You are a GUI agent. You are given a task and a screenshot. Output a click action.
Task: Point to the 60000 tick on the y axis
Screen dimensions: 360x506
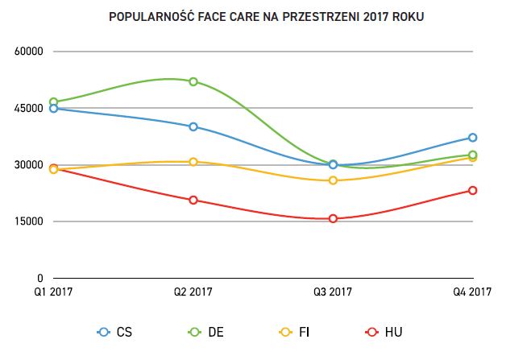tap(28, 52)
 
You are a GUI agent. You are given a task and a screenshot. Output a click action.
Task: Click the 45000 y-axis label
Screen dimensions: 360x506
tap(28, 108)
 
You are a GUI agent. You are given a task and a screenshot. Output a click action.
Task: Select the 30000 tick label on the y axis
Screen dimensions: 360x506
tap(28, 165)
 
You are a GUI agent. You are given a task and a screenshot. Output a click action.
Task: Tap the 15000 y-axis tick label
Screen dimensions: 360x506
tap(28, 221)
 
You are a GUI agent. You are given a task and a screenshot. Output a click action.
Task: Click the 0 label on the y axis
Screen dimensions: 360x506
tap(39, 279)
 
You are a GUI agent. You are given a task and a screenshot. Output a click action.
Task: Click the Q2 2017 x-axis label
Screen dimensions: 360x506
tap(193, 292)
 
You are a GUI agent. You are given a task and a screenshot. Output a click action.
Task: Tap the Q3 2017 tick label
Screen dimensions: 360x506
tap(333, 292)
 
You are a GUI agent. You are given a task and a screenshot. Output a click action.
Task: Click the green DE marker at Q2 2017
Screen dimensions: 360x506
tap(193, 81)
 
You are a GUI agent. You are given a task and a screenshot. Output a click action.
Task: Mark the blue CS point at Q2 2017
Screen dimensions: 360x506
tap(193, 126)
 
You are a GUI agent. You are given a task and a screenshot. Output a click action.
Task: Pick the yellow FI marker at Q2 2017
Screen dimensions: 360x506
tap(193, 162)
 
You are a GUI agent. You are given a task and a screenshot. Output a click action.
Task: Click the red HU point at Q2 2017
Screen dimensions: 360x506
tap(193, 200)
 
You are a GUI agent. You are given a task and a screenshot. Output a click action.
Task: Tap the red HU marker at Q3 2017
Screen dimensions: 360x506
tap(333, 218)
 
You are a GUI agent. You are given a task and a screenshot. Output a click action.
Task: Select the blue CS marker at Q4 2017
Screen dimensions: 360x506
tap(472, 138)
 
